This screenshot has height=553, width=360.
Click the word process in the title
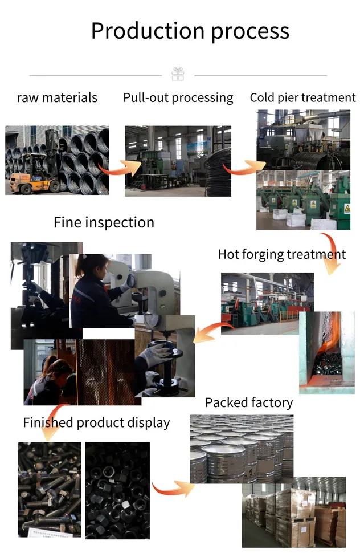tap(250, 32)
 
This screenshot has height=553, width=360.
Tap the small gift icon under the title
tap(178, 74)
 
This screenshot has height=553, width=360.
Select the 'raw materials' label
tap(57, 97)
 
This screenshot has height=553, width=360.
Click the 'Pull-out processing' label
tap(178, 97)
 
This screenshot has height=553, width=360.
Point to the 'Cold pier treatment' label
tap(302, 97)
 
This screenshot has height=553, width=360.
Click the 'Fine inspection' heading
tap(104, 222)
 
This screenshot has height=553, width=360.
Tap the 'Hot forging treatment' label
tap(281, 254)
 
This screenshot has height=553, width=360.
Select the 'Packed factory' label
tap(249, 402)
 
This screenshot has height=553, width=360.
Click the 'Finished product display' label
tap(96, 422)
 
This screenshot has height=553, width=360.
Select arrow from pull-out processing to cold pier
tap(239, 169)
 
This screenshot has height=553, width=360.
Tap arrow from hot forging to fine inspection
tap(212, 331)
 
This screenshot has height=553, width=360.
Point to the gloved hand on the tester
tap(155, 357)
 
